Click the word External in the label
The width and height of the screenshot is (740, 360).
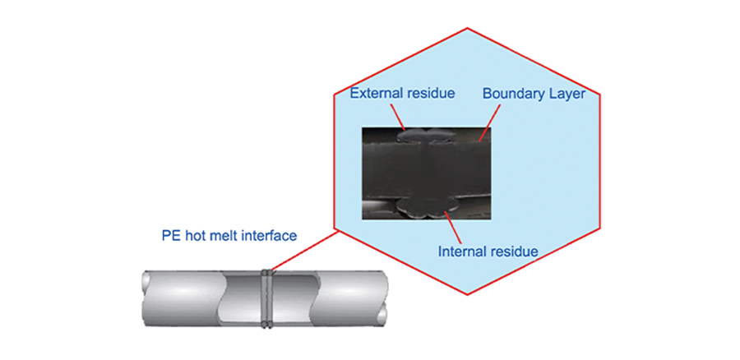click(375, 94)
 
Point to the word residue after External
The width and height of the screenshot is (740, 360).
click(430, 94)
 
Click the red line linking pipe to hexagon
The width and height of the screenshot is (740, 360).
click(304, 251)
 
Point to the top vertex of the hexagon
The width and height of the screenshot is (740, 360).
click(467, 29)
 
